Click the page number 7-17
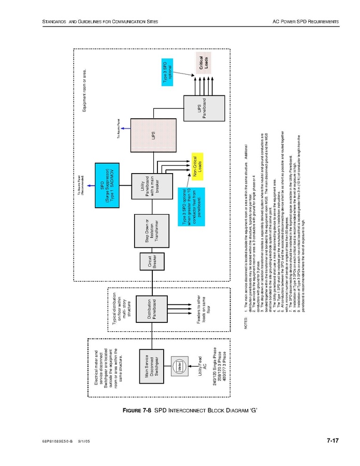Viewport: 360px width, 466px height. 332,441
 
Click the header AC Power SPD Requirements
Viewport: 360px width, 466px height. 305,21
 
